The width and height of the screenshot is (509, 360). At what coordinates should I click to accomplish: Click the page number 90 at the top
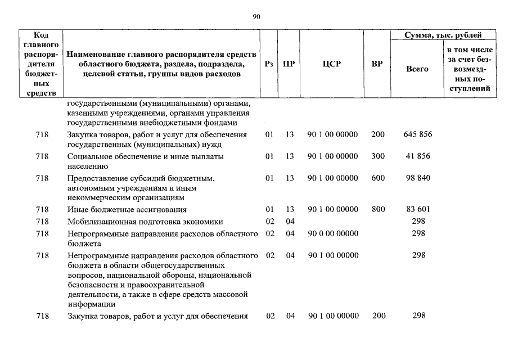point(256,17)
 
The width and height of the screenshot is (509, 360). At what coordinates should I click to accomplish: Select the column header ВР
point(377,64)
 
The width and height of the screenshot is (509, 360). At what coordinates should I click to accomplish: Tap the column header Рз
point(269,64)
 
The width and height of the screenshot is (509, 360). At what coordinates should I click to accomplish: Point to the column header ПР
point(289,64)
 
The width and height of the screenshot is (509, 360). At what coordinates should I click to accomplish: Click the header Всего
point(417,69)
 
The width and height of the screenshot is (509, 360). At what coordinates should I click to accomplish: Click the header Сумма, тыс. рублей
point(444,35)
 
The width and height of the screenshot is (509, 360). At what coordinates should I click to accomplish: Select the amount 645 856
point(417,134)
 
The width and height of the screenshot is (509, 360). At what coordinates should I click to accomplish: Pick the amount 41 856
point(417,156)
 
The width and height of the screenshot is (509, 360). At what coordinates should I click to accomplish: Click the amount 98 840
point(417,178)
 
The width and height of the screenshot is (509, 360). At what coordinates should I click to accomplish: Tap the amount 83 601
point(417,209)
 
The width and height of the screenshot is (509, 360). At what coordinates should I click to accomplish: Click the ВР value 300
point(378,156)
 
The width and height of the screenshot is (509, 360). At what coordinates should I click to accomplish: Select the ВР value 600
point(378,178)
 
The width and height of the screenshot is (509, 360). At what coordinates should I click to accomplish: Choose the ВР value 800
point(378,209)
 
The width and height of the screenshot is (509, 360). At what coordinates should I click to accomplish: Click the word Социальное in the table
point(92,156)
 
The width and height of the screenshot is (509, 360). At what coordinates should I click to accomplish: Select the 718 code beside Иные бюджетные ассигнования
point(42,209)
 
